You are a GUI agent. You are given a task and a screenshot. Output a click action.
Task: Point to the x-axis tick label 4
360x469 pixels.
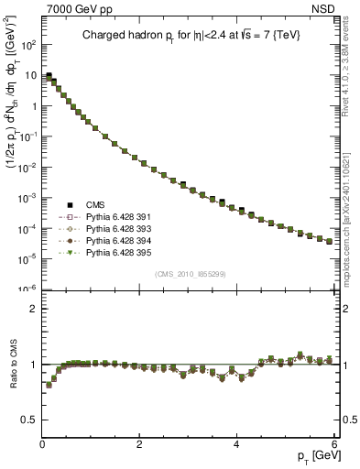tap(236, 445)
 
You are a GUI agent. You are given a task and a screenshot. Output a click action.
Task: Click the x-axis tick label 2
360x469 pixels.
tap(139, 445)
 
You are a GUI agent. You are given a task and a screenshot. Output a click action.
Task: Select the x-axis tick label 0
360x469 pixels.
tap(42, 445)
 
